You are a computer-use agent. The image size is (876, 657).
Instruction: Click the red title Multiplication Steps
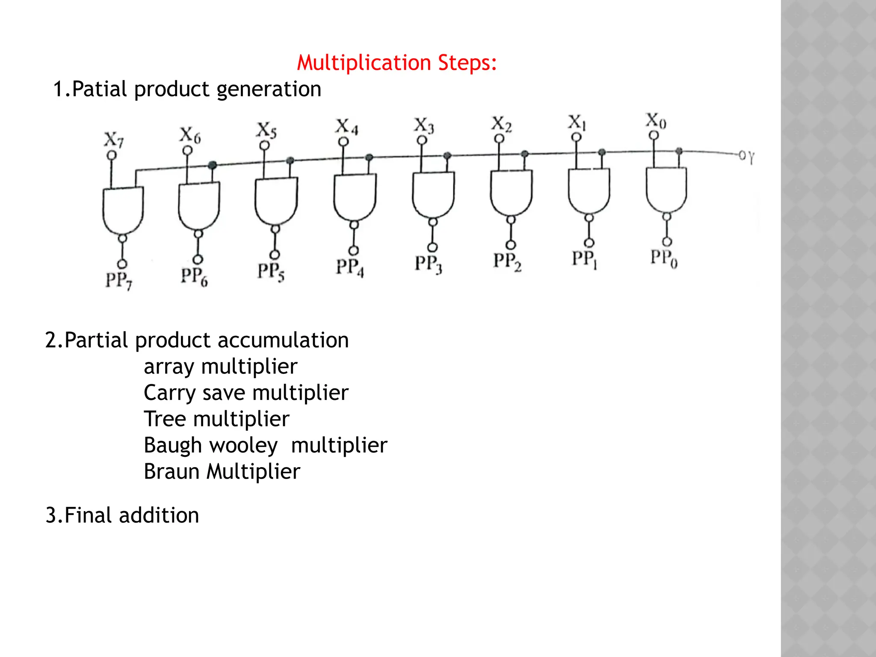click(x=397, y=63)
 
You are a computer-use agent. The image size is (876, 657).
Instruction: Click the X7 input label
click(x=114, y=139)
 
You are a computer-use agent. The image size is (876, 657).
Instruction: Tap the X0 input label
click(x=655, y=121)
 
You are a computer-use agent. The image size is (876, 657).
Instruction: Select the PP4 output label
click(x=349, y=267)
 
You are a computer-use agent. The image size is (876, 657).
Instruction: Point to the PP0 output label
click(x=663, y=258)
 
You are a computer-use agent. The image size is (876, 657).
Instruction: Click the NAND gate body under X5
click(x=276, y=200)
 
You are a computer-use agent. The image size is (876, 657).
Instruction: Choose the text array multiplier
click(x=220, y=367)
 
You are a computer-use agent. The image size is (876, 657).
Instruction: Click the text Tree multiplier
click(x=216, y=419)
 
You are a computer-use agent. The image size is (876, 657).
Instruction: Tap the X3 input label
click(x=423, y=125)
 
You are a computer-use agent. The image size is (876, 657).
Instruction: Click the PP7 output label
click(x=119, y=280)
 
